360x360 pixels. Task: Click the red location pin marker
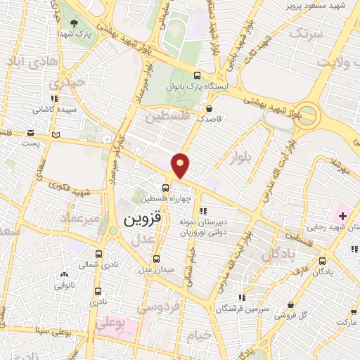181,165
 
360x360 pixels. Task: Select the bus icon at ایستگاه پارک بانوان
198,76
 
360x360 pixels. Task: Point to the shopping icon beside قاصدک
209,109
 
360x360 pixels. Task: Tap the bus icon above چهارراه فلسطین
165,188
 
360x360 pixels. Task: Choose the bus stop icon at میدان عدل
158,258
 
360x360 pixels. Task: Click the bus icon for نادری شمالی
98,255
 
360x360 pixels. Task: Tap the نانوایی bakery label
64,285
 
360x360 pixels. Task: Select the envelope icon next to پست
30,132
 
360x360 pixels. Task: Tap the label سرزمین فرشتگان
242,309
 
